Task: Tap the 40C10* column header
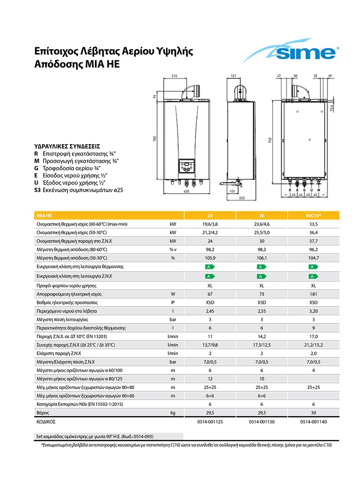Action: click(314, 216)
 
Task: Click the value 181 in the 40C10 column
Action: click(314, 294)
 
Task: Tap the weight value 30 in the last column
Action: click(314, 412)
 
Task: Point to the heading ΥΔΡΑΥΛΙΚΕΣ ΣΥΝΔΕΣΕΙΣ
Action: click(67, 146)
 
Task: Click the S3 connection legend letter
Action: click(38, 190)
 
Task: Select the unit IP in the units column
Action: click(172, 303)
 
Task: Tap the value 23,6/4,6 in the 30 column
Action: click(262, 224)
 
